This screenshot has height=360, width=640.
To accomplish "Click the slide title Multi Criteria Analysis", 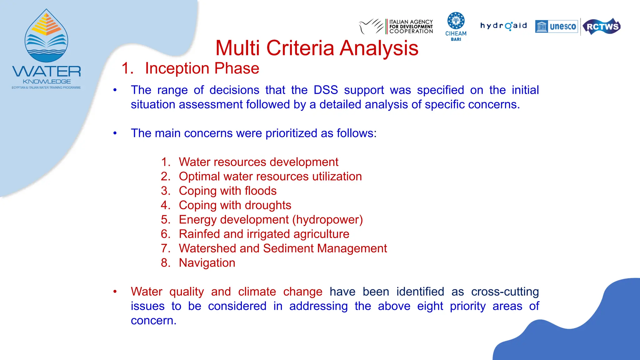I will point(317,48).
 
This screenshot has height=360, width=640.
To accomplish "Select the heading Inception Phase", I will point(202,68).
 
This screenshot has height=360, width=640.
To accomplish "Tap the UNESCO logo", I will point(557,27).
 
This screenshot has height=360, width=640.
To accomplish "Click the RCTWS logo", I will point(602,27).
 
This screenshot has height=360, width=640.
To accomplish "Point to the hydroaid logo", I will point(503,26).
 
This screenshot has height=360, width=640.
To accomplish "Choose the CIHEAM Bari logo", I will point(456,26).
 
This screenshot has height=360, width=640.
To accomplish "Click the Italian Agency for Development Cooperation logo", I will point(396,26).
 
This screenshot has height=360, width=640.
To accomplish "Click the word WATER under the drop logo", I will point(47,71).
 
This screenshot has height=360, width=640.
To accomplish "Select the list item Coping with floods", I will point(227,191).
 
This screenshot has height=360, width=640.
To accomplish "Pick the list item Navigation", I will point(207,263).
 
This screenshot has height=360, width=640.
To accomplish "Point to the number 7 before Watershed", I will point(165,248).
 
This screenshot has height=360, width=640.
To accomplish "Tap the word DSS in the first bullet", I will point(326,90).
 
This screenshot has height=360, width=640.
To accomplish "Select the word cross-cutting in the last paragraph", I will point(505,292).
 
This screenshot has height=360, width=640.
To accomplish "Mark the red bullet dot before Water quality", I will point(115,292).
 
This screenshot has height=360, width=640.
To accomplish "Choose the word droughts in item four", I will point(268,205).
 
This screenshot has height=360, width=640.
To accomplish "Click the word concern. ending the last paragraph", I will point(153,321).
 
